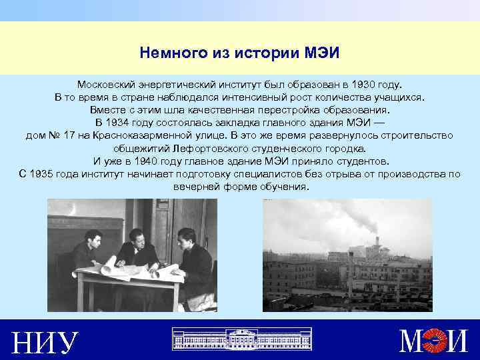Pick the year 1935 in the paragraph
[43, 174]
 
